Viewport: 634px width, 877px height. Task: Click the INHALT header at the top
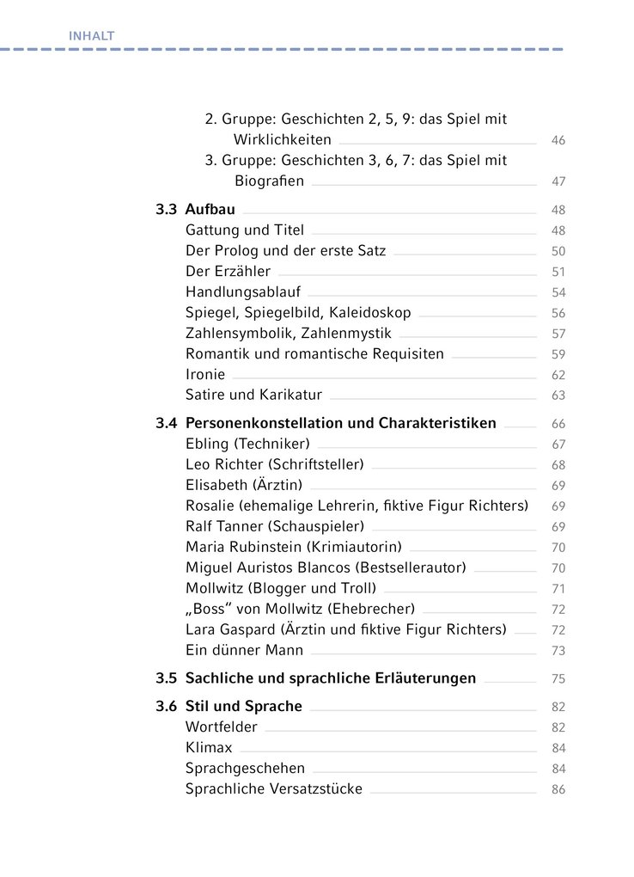click(91, 35)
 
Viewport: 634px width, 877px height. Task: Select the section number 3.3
click(166, 209)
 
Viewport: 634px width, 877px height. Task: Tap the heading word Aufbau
click(210, 209)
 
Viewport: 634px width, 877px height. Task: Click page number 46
click(558, 140)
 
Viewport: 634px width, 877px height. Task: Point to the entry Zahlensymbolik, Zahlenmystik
click(289, 334)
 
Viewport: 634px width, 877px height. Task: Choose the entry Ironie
click(205, 375)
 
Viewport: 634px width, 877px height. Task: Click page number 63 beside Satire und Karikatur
click(558, 396)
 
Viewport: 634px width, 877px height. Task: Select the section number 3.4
click(166, 423)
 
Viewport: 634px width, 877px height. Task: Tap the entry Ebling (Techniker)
click(247, 444)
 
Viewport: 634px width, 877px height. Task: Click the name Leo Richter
click(222, 464)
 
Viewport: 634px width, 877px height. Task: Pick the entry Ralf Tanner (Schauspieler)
click(275, 526)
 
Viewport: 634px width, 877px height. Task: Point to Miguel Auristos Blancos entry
click(326, 567)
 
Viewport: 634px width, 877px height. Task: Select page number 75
click(558, 678)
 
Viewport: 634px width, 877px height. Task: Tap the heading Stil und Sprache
click(244, 706)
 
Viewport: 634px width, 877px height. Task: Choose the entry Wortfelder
click(222, 727)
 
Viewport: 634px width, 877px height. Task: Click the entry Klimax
click(209, 748)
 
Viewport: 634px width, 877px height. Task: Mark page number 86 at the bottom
click(558, 789)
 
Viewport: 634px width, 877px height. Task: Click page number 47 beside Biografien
click(558, 181)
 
